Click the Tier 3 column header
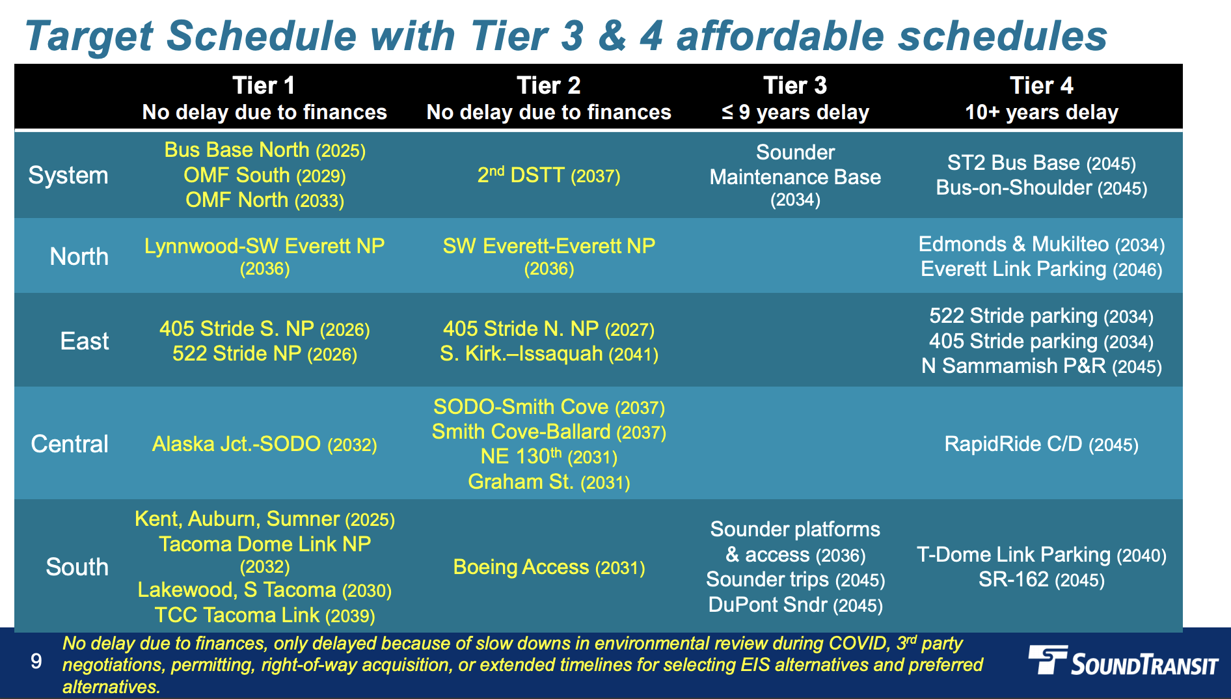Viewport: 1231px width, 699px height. point(795,98)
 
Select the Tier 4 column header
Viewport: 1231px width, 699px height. point(1041,98)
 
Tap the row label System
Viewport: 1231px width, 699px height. point(68,175)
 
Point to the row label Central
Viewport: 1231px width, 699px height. point(70,444)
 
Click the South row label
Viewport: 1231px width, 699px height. point(77,567)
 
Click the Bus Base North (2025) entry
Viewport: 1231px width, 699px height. point(265,150)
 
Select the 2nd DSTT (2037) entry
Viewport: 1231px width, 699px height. point(548,175)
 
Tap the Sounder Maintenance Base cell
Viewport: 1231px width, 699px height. point(795,176)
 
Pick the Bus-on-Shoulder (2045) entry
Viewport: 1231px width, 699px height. point(1041,188)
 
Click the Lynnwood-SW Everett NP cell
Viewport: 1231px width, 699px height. point(265,256)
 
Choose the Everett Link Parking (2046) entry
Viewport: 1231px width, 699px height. point(1041,269)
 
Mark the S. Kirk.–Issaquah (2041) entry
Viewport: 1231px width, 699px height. point(548,354)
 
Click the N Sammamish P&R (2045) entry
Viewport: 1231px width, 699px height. point(1041,366)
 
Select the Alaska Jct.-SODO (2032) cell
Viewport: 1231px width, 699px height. point(265,444)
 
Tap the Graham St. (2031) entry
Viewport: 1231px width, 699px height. point(548,482)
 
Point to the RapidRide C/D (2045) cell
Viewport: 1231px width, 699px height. point(1041,444)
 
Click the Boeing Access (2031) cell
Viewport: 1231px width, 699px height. point(548,567)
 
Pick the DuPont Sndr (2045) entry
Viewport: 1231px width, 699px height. point(795,605)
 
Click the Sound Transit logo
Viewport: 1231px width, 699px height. point(1123,661)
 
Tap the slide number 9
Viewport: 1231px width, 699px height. point(36,661)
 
